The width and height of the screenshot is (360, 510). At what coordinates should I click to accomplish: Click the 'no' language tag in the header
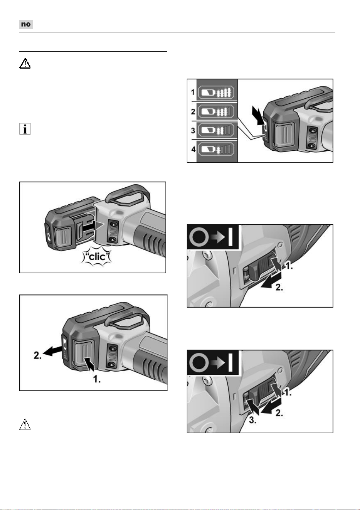coord(26,24)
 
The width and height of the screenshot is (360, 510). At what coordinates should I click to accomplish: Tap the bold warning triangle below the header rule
coord(25,64)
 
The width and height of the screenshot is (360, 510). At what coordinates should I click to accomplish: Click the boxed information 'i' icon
coord(25,129)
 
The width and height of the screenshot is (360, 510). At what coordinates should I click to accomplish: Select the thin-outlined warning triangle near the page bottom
coord(25,424)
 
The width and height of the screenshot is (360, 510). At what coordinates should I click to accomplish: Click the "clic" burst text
coord(97,257)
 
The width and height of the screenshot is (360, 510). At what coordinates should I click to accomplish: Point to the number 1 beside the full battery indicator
coord(193,92)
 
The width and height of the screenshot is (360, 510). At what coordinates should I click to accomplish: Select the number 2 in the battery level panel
coord(193,111)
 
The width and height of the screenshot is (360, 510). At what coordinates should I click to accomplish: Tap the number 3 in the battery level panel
coord(193,130)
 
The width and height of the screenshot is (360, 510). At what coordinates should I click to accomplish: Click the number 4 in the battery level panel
coord(193,149)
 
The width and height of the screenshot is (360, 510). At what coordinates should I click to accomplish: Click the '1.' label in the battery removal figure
coord(96,379)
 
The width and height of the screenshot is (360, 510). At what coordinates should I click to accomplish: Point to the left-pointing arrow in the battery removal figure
coord(52,351)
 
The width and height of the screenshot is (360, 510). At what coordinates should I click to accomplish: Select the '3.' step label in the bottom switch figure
coord(253,420)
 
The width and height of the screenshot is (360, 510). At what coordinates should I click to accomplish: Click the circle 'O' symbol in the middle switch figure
coord(199,237)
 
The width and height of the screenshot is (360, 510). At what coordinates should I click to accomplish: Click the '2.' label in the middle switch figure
coord(279,287)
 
